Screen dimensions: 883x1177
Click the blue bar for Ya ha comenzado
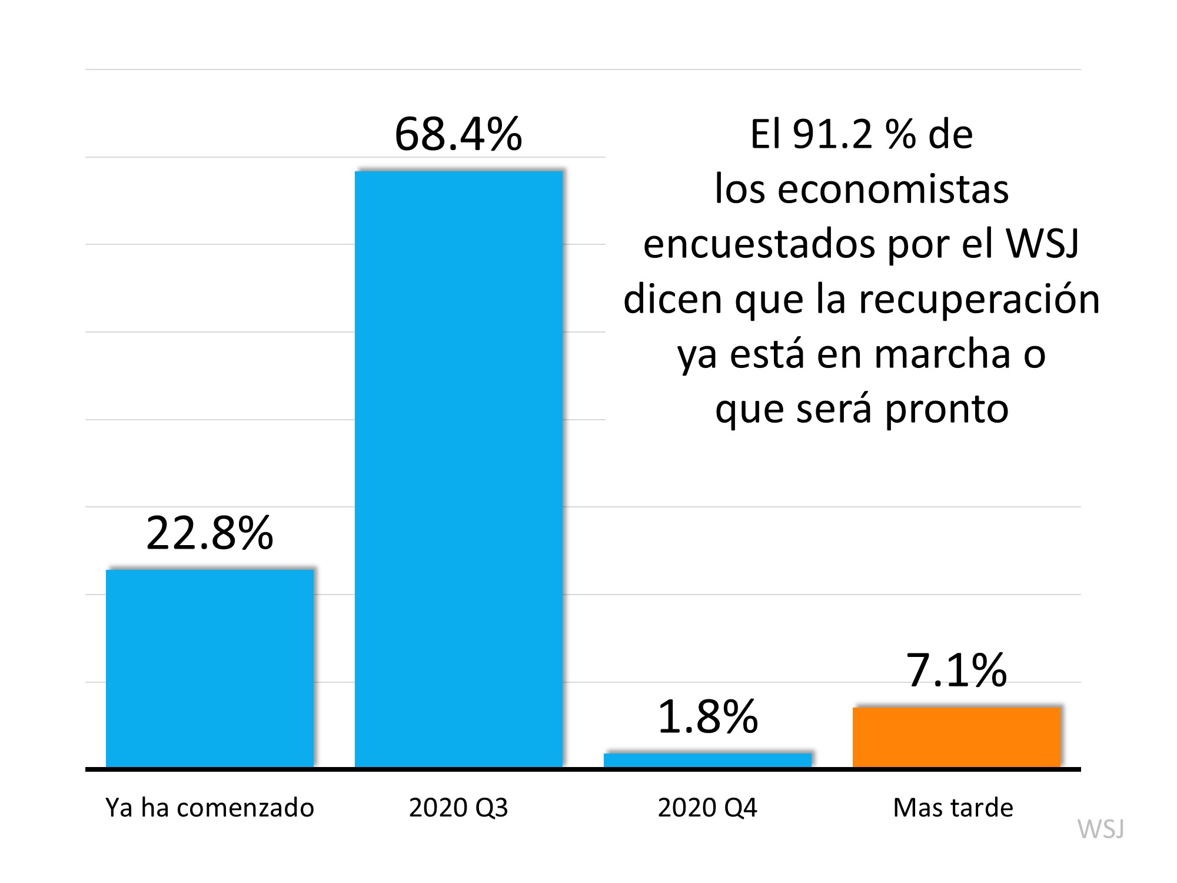pos(210,668)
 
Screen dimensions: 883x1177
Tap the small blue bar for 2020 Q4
pos(707,760)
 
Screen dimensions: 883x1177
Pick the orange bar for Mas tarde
pos(956,737)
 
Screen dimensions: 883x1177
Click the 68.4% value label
pos(458,135)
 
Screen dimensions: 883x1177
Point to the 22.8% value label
pos(210,533)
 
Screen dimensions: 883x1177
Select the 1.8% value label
pos(707,717)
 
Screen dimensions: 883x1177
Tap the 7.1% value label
pos(956,670)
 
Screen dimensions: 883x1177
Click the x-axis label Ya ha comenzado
pos(210,808)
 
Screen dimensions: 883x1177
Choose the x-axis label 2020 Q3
pos(458,808)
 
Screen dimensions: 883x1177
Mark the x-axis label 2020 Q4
pos(707,808)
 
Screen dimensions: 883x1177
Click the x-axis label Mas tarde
pos(953,808)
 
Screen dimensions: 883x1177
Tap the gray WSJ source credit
pos(1100,829)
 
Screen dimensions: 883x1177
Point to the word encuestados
pos(759,245)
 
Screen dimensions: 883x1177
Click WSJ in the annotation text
pos(1043,244)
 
